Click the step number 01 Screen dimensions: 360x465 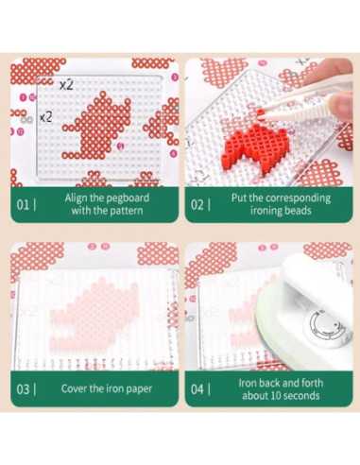[23, 205]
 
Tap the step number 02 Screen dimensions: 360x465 [197, 205]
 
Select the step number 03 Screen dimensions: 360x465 [23, 389]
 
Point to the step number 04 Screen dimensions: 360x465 [197, 389]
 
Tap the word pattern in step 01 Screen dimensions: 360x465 [127, 211]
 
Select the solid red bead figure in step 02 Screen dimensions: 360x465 [256, 145]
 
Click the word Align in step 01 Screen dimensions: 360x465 [76, 198]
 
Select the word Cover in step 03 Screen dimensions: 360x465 [74, 388]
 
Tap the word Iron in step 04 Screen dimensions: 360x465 [247, 383]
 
